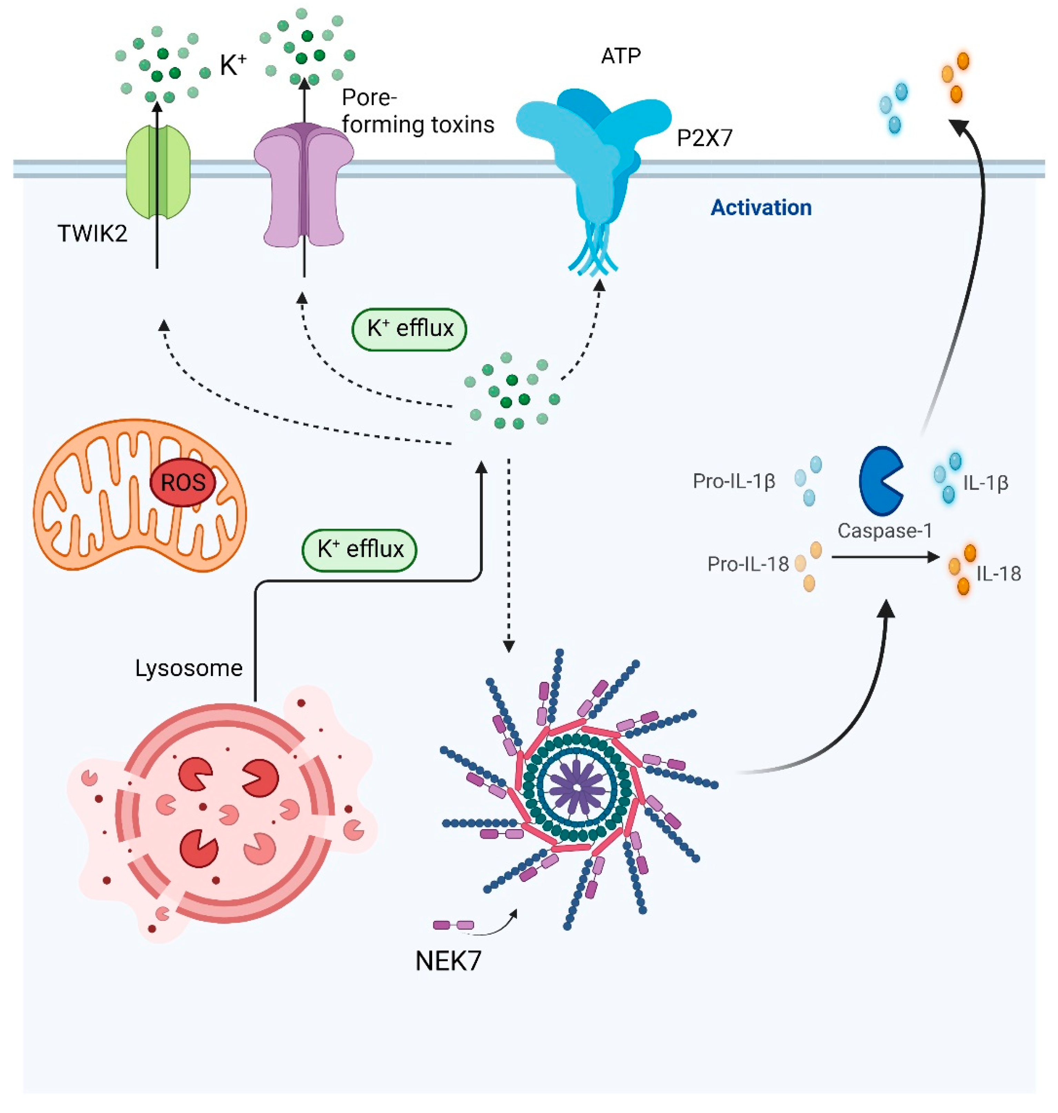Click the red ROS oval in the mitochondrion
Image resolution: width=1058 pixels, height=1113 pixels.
pos(182,483)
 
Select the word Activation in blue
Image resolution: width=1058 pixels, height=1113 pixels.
pos(761,208)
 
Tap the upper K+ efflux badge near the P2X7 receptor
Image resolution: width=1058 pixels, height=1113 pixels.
pos(409,329)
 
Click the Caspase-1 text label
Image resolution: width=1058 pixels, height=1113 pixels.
pos(884,530)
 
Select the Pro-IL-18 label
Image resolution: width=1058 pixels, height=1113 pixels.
pos(748,564)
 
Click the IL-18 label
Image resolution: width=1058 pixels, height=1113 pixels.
pos(998,574)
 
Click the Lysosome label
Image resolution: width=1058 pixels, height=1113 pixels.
pos(189,668)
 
